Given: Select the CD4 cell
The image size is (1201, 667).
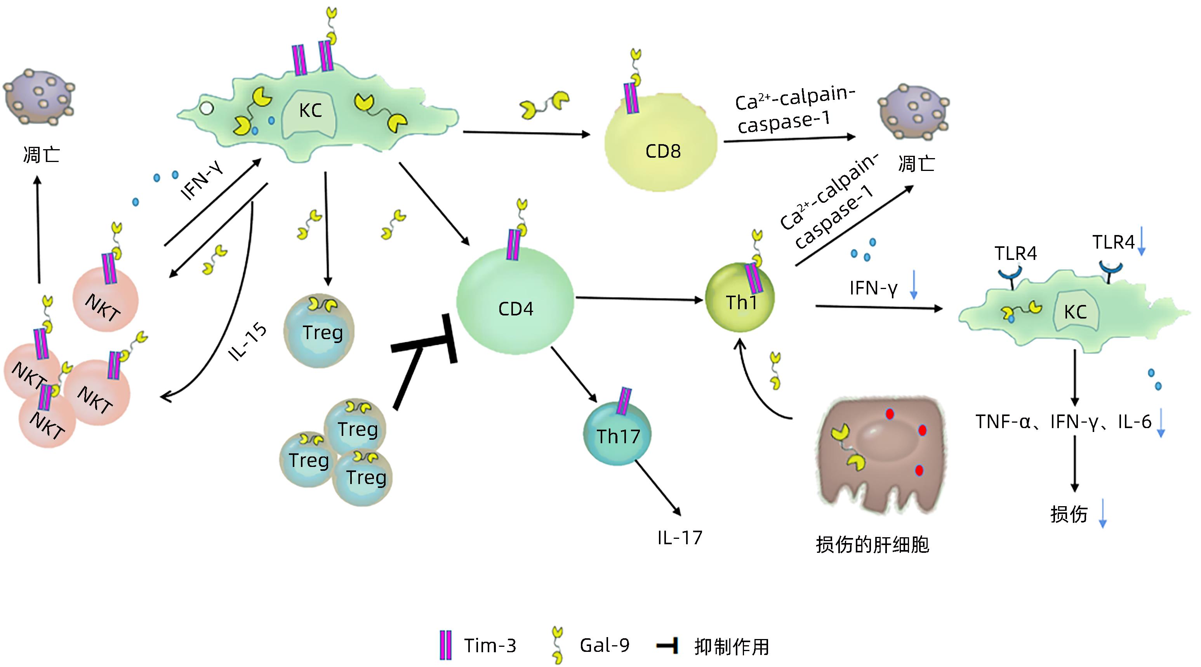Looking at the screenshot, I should [x=515, y=303].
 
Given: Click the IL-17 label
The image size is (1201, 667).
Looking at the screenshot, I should [x=679, y=538].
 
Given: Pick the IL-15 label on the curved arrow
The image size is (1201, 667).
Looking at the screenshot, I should [x=247, y=342].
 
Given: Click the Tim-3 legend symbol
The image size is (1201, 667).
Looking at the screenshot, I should [x=446, y=645].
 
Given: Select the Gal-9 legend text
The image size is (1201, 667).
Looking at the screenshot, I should [x=604, y=646].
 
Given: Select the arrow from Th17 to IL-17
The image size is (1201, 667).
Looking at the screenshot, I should [x=657, y=488].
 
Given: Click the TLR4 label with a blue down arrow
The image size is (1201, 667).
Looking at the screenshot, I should [x=1113, y=242].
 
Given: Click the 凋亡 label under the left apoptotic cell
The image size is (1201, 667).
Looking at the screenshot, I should [x=41, y=155].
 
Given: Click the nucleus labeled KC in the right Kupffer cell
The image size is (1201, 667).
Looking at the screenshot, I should [x=1075, y=312].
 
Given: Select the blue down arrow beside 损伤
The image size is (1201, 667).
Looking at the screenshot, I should [x=1103, y=514].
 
